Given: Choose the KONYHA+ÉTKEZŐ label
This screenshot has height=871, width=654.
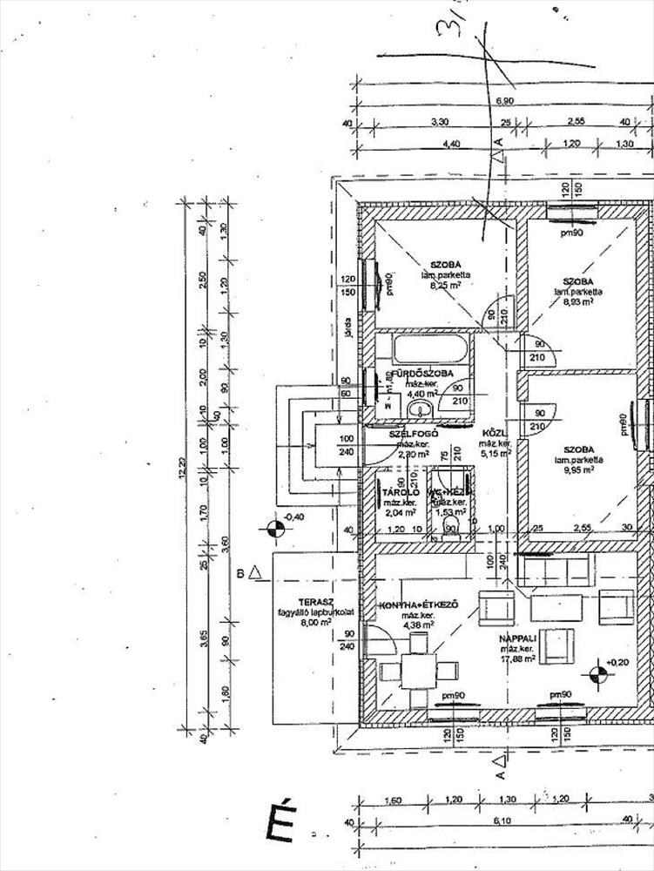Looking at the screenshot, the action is tap(420, 605).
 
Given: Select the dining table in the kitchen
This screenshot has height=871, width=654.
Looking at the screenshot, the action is tap(420, 670).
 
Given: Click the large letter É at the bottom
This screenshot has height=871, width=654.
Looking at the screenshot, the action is tap(281, 820).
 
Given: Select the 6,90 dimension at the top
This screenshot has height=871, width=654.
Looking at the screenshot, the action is tap(506, 102).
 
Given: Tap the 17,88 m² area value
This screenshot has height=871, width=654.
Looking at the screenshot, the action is tap(516, 659).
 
